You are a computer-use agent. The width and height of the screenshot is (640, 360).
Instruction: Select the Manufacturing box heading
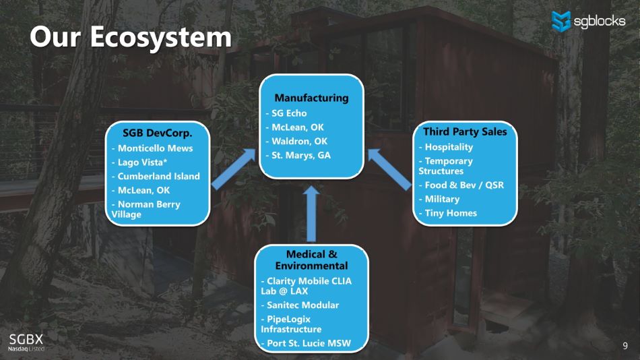311,98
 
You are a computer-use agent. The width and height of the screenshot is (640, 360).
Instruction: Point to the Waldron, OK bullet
299,142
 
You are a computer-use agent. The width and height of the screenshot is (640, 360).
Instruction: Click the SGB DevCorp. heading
158,133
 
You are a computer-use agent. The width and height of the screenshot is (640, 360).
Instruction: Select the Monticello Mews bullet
154,148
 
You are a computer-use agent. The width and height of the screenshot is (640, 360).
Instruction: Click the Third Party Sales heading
464,131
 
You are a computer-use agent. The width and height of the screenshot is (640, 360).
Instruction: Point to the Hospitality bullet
448,147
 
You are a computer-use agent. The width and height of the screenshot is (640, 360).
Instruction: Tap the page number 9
625,346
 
